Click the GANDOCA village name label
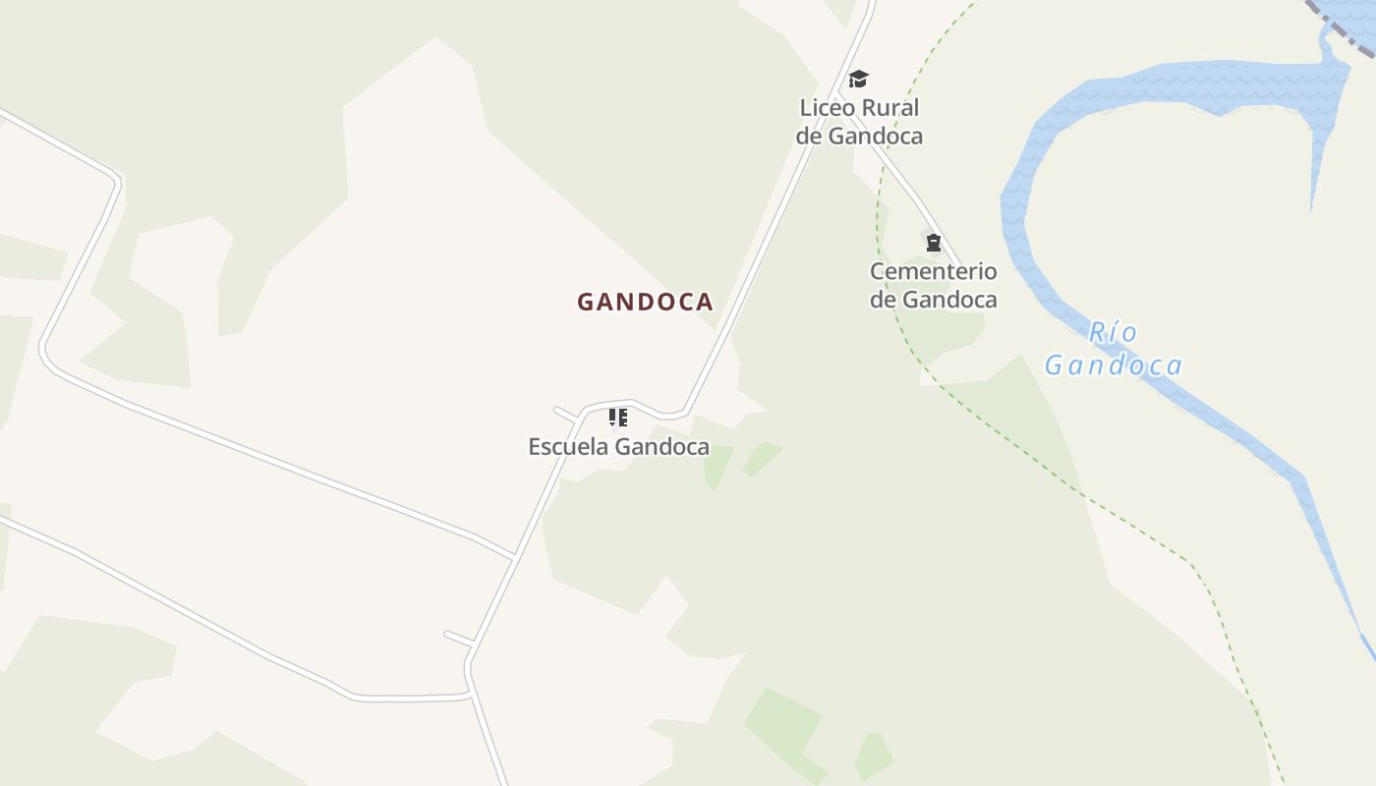645,302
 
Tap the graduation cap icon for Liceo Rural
859,80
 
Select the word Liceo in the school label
828,107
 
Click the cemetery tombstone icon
933,243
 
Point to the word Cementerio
933,271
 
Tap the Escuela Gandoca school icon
618,418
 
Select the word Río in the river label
1113,333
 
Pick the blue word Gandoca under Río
1113,365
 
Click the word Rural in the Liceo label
889,107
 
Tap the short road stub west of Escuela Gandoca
565,413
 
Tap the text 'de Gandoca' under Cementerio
933,299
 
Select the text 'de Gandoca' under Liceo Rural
859,136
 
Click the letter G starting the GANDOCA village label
586,302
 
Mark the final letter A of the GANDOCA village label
704,302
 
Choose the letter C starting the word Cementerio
878,271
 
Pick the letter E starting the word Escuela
535,447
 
